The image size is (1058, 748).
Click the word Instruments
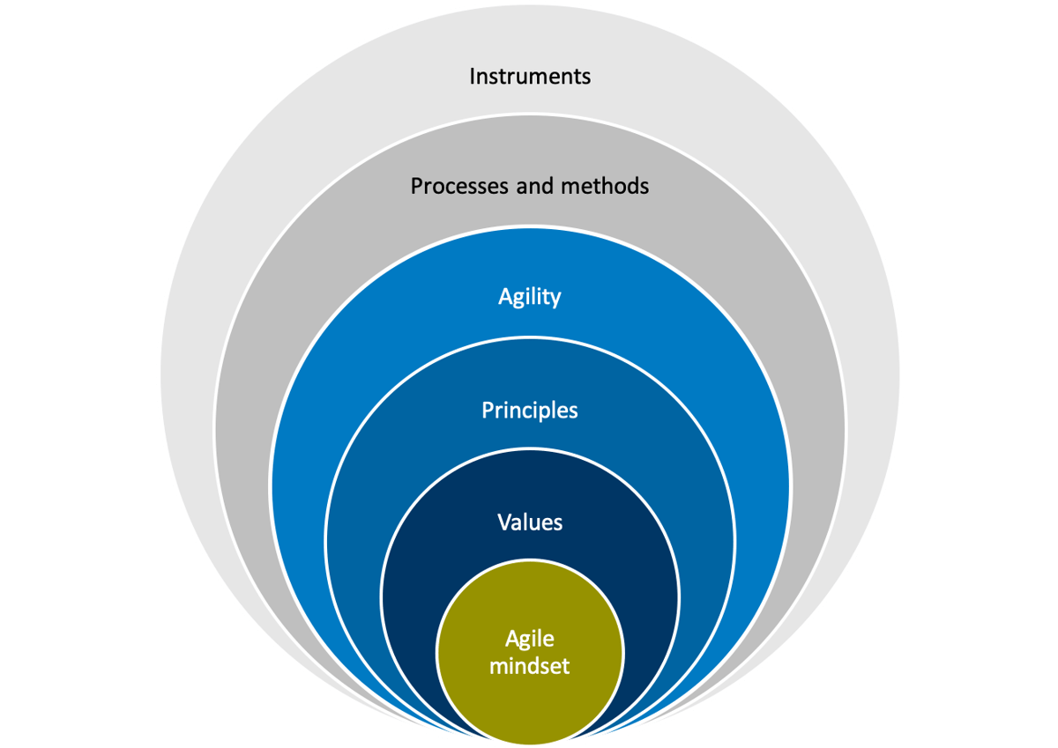529,76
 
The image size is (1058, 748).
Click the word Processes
451,186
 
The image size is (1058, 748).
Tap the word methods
607,186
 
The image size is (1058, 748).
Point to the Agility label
529,297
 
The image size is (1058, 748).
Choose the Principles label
529,410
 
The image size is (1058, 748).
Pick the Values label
529,522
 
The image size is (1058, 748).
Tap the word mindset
529,664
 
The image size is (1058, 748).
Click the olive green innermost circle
529,696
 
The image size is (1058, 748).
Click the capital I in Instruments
472,76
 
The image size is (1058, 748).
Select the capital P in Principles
488,410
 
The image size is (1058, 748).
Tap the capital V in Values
503,522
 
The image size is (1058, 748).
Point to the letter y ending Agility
555,300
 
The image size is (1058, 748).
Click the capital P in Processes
416,186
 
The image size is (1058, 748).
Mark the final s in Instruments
586,77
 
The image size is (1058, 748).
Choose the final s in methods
644,187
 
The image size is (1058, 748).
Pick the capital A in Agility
504,297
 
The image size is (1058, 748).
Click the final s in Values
558,522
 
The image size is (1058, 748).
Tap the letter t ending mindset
565,664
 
